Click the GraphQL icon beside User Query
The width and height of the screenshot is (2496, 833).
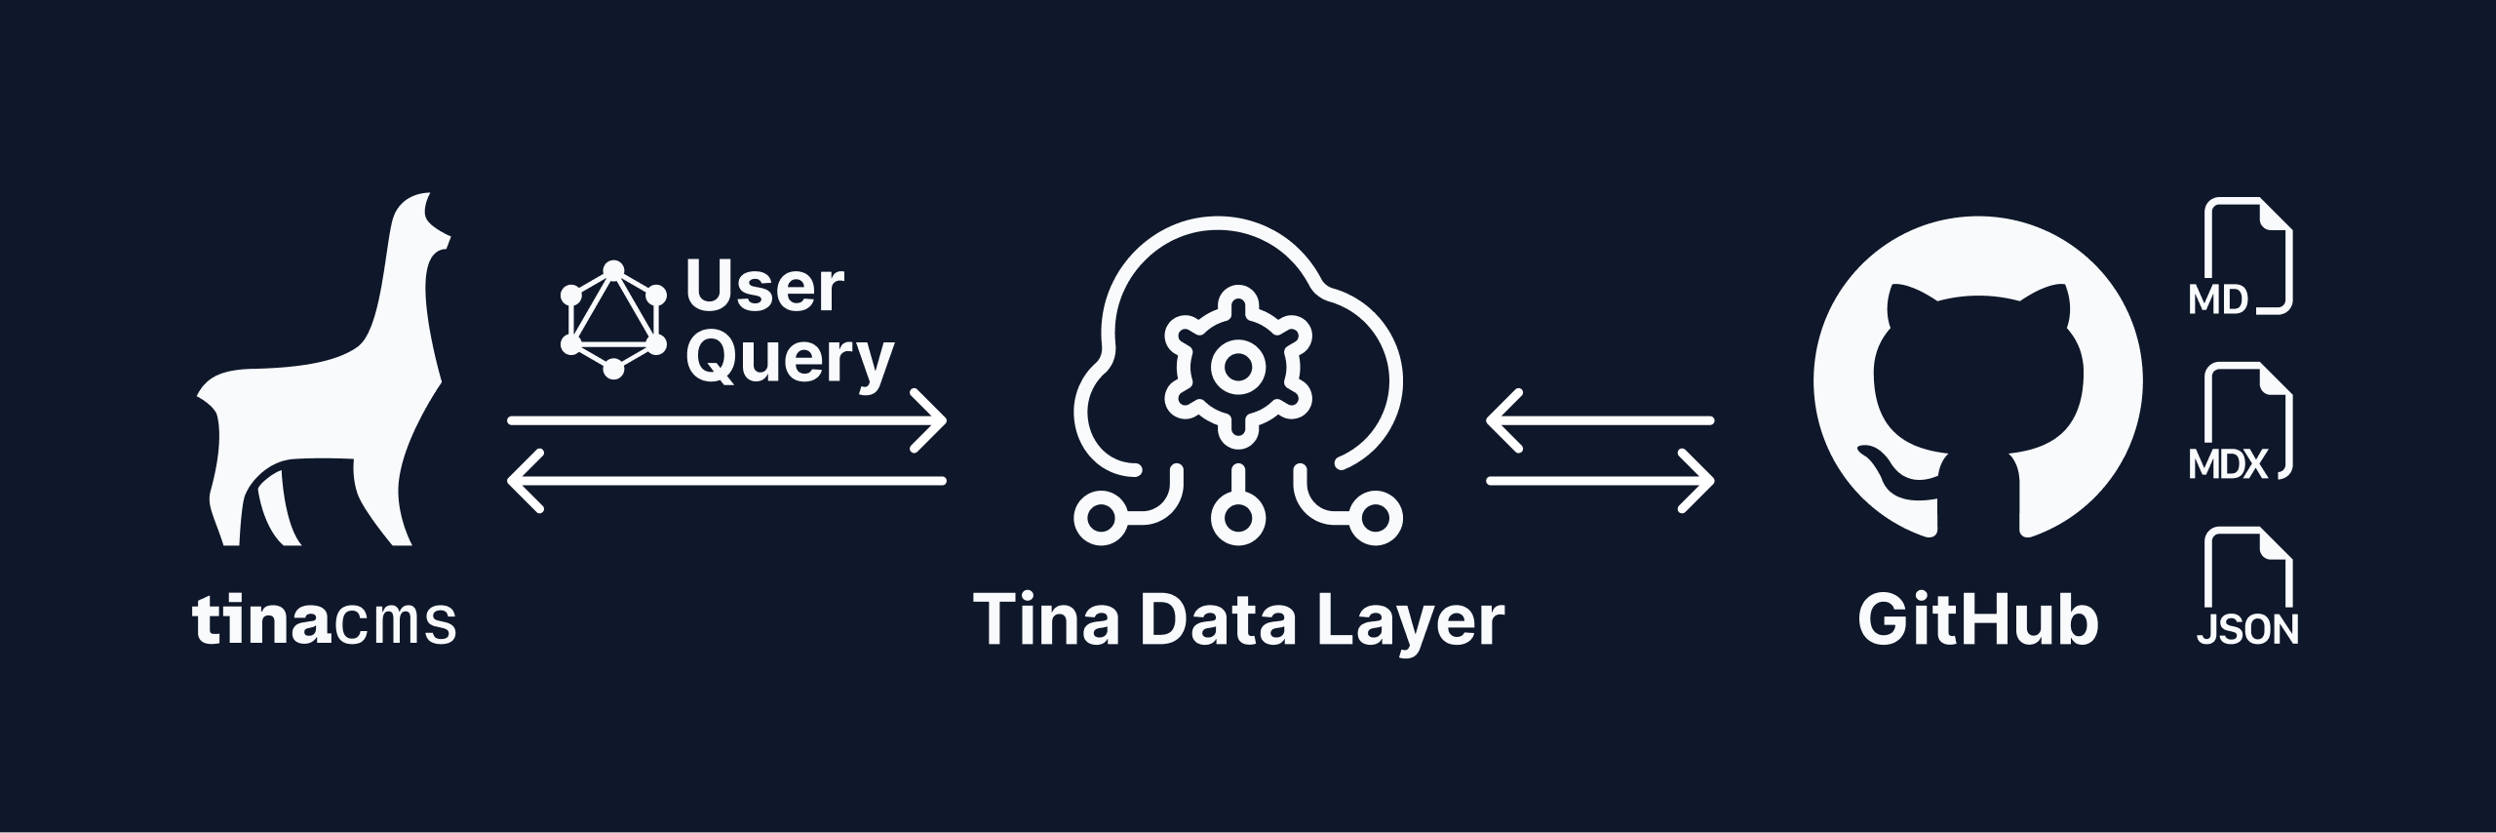[x=613, y=319]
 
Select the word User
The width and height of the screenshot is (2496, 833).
[x=764, y=287]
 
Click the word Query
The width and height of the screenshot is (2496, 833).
[x=790, y=359]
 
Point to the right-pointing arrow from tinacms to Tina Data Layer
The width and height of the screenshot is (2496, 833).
[x=726, y=421]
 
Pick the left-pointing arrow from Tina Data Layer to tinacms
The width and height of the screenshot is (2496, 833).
[x=726, y=481]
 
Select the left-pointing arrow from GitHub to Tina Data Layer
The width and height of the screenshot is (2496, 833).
[x=1599, y=421]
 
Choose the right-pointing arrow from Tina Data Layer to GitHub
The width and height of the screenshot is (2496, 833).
[x=1599, y=481]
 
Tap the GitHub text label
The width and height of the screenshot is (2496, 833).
[x=1977, y=619]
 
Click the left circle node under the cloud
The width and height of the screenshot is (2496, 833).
[x=1100, y=518]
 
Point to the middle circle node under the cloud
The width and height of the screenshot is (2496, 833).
[x=1237, y=518]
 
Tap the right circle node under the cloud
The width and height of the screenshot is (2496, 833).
[x=1377, y=518]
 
